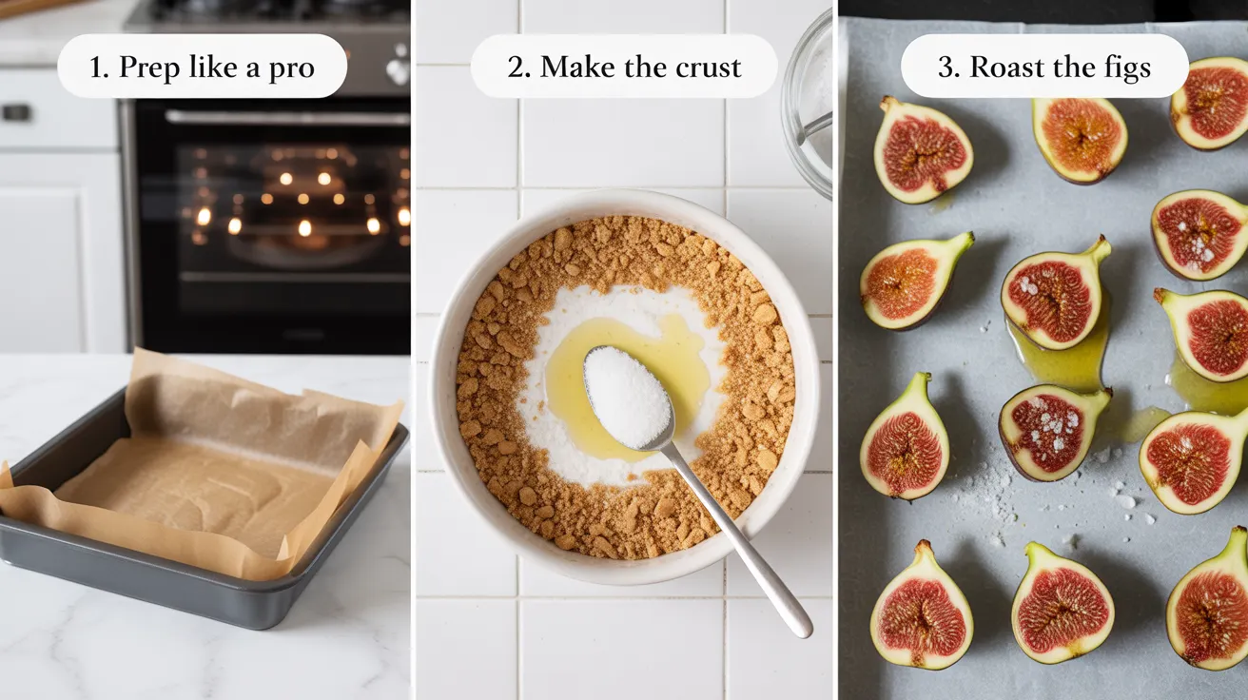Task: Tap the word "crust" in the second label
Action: click(x=710, y=68)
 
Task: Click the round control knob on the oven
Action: click(x=399, y=69)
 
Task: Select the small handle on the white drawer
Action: click(x=16, y=112)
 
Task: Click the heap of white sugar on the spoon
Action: click(x=627, y=396)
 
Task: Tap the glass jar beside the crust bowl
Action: click(x=809, y=105)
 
